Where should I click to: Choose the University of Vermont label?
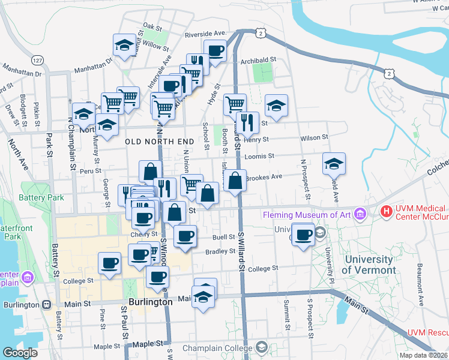coord(369,265)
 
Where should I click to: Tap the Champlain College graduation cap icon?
coord(262,347)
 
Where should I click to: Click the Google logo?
coord(20,353)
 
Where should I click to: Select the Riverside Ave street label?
coord(204,34)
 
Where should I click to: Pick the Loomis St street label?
coord(259,156)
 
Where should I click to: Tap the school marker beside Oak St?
coord(124,45)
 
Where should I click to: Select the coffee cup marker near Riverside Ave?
coord(214,51)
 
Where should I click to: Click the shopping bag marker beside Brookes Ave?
coord(235,179)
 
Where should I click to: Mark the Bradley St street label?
coord(220,252)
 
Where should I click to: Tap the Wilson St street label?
coord(315,137)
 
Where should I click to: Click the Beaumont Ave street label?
coord(420,277)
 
